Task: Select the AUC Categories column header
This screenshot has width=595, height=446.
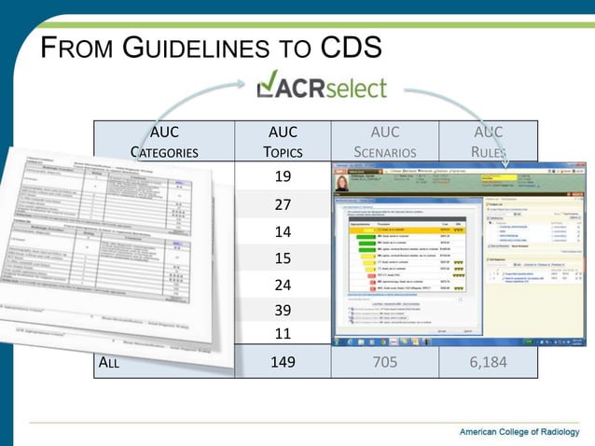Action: [163, 142]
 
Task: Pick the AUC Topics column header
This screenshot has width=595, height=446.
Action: [282, 142]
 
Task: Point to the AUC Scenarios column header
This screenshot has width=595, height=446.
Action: [384, 142]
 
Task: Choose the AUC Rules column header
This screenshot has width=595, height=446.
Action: [488, 142]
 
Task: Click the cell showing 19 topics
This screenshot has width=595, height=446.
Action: [282, 177]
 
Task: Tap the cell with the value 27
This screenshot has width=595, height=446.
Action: [282, 205]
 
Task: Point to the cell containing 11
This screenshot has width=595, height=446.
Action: [282, 332]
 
